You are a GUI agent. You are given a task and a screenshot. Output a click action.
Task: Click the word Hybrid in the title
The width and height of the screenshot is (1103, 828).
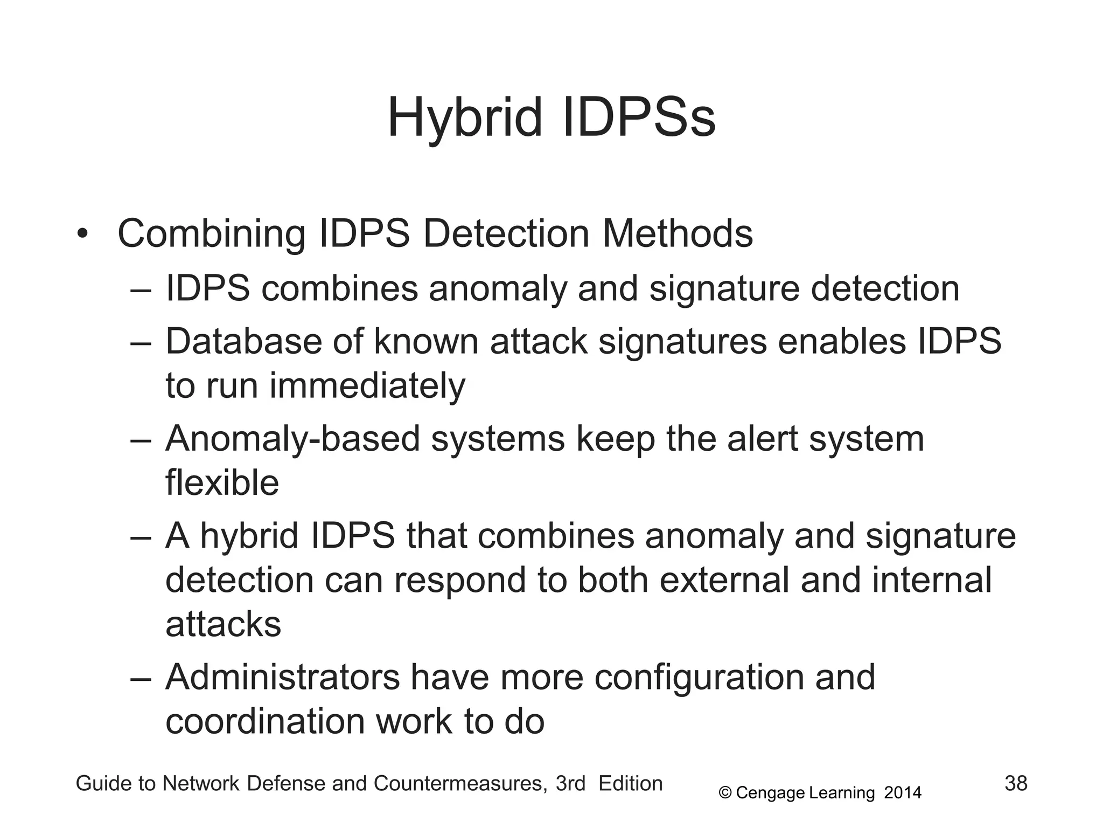pyautogui.click(x=464, y=118)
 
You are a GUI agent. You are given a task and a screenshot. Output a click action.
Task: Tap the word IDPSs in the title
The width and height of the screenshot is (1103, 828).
pyautogui.click(x=639, y=118)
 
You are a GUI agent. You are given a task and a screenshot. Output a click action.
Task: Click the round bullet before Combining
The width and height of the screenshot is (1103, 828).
pyautogui.click(x=82, y=234)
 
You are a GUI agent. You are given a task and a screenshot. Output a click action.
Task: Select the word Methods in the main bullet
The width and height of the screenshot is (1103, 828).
pyautogui.click(x=677, y=234)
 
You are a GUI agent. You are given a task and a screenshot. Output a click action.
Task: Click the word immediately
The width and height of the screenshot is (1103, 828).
pyautogui.click(x=367, y=386)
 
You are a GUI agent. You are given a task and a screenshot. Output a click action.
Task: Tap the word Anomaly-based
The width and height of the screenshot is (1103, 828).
pyautogui.click(x=292, y=438)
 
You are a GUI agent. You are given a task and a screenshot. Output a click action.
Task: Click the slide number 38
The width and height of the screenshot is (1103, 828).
pyautogui.click(x=1016, y=783)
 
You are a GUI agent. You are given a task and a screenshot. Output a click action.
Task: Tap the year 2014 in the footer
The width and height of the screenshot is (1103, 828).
pyautogui.click(x=903, y=793)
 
